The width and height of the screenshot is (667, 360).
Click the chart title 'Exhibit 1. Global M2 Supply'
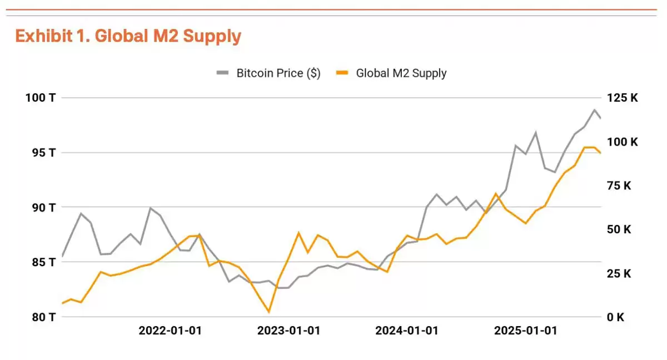point(128,36)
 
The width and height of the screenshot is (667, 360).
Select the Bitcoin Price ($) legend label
point(278,73)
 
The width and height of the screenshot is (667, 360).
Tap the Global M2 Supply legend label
point(401,73)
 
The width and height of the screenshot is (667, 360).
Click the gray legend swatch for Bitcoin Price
point(223,73)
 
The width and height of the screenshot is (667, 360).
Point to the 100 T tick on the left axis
point(41,98)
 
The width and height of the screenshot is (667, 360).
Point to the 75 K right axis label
point(619,186)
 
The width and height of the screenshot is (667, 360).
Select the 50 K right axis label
point(619,229)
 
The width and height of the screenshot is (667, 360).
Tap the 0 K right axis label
point(615,317)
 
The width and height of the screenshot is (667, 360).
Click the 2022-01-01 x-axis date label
point(170,331)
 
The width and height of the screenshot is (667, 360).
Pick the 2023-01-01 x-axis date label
point(288,331)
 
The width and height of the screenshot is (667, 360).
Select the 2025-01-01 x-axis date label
point(525,331)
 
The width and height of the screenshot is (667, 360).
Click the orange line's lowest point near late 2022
point(268,312)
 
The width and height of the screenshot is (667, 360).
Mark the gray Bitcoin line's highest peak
point(594,110)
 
